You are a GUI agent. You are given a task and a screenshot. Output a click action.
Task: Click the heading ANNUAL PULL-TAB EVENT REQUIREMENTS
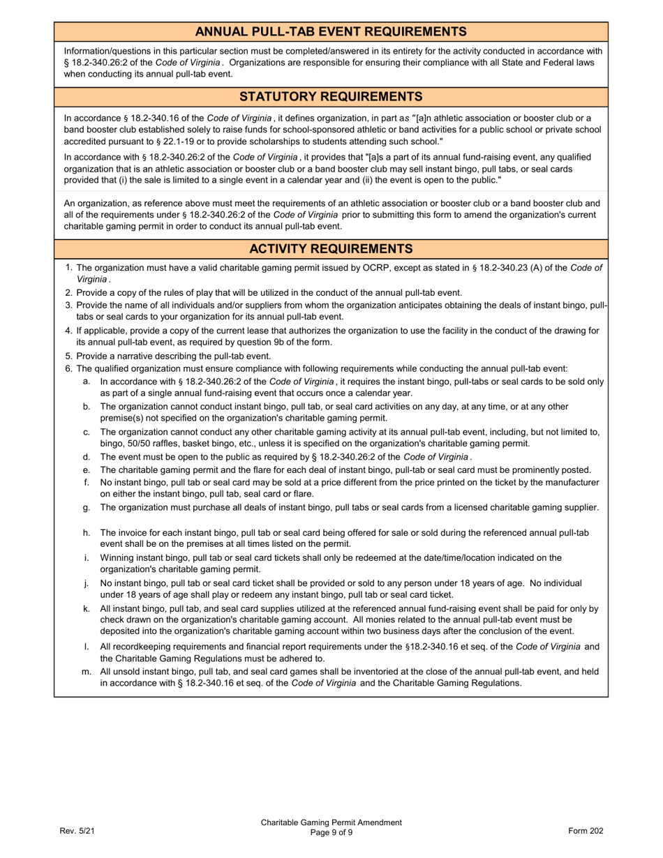click(331, 31)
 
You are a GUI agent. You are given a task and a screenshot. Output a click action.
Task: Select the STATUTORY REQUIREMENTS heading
click(331, 96)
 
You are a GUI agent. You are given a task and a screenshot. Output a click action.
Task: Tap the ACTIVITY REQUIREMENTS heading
click(331, 249)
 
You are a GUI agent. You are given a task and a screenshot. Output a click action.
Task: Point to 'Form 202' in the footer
click(586, 831)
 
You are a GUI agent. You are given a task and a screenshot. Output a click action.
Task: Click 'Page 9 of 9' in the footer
click(331, 832)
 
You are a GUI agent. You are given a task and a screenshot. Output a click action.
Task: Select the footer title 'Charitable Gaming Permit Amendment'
click(331, 822)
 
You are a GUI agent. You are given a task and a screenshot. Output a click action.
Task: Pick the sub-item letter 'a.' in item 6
click(87, 382)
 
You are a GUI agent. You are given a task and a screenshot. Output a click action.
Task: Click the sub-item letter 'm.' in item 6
click(87, 671)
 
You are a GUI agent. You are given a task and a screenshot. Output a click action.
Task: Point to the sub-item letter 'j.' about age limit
click(87, 582)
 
